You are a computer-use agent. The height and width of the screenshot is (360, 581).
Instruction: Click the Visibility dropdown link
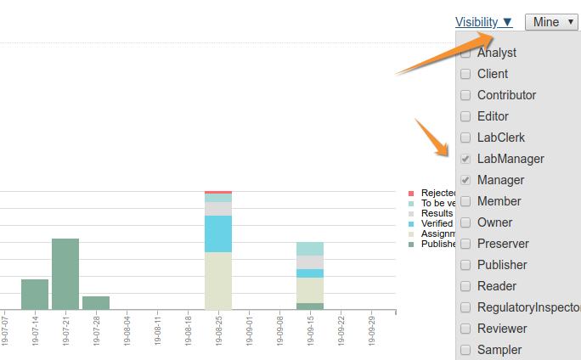[x=483, y=22]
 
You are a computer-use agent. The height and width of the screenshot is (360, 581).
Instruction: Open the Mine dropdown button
[x=552, y=22]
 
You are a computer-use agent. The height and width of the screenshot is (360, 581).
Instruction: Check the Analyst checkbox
[x=465, y=53]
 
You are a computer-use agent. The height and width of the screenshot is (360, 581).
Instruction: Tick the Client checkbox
[x=465, y=74]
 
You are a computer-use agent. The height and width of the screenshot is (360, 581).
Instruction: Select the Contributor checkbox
[x=465, y=95]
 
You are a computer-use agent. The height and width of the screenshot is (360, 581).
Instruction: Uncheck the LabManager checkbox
[x=465, y=159]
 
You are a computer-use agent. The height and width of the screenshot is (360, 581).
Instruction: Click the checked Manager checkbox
[x=465, y=180]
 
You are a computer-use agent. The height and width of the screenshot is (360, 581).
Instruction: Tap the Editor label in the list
[x=493, y=116]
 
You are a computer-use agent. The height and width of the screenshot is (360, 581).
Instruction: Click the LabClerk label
[x=501, y=138]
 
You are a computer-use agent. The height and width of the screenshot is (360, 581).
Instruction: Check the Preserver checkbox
[x=465, y=244]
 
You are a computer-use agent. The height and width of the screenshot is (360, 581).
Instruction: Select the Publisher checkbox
[x=465, y=265]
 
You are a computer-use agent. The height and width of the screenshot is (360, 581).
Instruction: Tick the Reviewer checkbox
[x=465, y=329]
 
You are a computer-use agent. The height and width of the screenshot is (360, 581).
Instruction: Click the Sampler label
[x=499, y=350]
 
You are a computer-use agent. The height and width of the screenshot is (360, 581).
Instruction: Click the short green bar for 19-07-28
[x=96, y=303]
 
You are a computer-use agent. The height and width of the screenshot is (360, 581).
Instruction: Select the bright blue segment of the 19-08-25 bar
[x=218, y=233]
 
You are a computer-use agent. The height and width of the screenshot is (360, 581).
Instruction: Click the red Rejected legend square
[x=411, y=194]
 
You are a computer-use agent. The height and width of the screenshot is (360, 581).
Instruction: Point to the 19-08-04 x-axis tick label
[x=127, y=331]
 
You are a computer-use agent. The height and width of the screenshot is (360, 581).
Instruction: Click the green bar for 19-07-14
[x=35, y=294]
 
